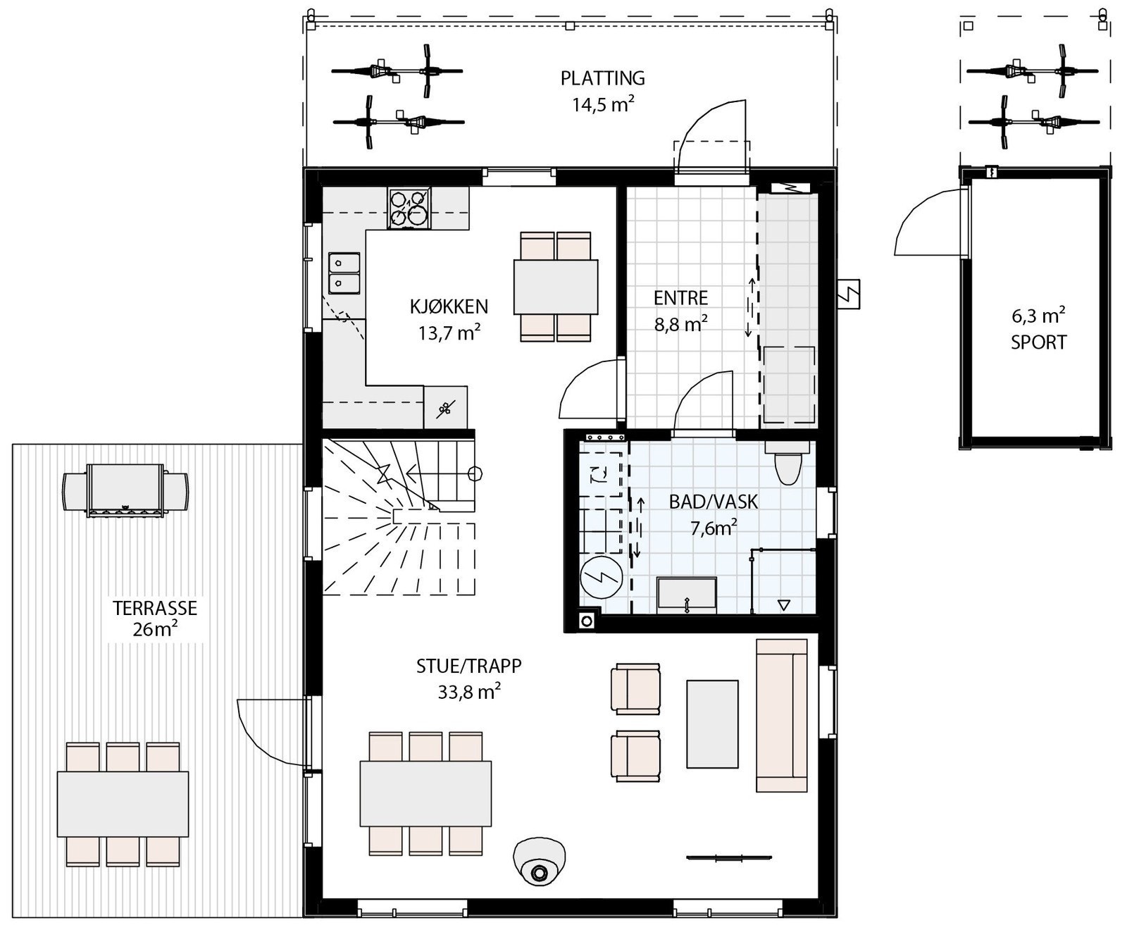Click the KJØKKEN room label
[x=449, y=306]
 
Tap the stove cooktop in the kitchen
[x=409, y=208]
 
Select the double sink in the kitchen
[x=344, y=273]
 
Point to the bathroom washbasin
[x=687, y=595]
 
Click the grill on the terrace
[x=125, y=491]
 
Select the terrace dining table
[x=123, y=804]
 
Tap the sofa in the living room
[x=782, y=716]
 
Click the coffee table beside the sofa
[x=712, y=724]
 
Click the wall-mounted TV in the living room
[x=729, y=857]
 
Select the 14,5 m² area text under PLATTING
[x=602, y=106]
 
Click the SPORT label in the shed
[x=1038, y=342]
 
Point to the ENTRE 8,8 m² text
[x=680, y=324]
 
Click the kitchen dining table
[x=556, y=287]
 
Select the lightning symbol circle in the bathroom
[x=602, y=578]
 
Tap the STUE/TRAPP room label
[x=468, y=666]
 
